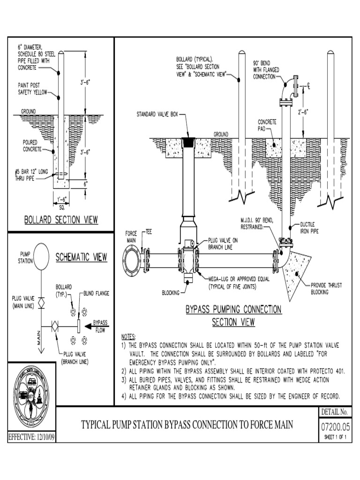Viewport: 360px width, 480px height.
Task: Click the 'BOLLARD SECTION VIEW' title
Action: pos(61,220)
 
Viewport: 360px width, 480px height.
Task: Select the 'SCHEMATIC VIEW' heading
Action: pos(82,257)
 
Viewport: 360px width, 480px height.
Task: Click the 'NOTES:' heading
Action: pos(128,337)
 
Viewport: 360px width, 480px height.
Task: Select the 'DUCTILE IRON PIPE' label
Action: pos(310,228)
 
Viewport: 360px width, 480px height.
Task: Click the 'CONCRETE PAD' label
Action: pos(267,125)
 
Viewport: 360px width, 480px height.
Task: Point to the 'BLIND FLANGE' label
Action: pos(97,293)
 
